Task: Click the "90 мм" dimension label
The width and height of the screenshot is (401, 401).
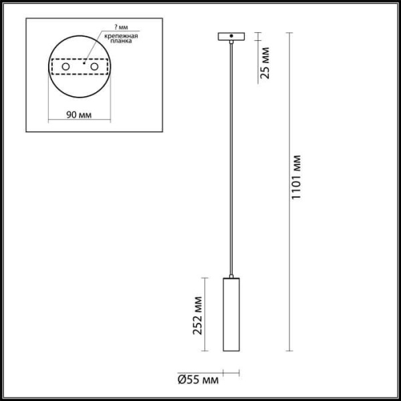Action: [80, 114]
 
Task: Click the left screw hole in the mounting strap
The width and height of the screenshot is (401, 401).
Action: [65, 68]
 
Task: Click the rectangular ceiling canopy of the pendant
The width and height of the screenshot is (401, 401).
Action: [231, 36]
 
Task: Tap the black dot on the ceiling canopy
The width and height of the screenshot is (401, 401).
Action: [231, 36]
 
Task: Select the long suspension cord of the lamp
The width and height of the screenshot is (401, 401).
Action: [231, 160]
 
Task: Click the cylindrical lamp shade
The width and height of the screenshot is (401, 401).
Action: [231, 314]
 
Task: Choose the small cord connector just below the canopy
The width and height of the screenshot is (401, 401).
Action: [231, 43]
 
